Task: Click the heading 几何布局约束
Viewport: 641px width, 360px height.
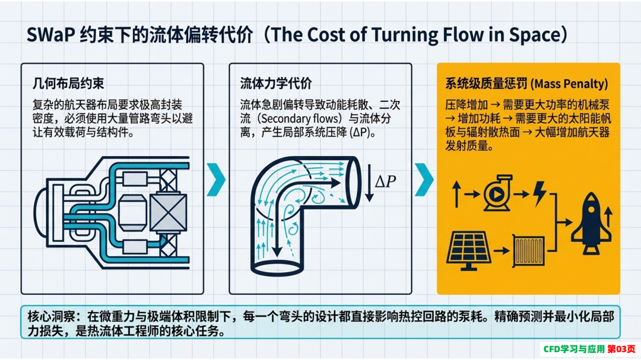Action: point(68,84)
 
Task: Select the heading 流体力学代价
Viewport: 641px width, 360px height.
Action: point(276,84)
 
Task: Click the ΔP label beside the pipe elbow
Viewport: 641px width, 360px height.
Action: point(385,181)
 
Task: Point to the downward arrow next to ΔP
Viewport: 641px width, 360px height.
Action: point(369,183)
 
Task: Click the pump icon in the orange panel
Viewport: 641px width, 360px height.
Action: point(497,193)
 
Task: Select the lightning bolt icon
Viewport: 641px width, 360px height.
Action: point(540,193)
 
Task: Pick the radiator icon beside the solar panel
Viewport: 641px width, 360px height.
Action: point(529,250)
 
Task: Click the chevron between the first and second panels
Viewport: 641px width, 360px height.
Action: point(216,180)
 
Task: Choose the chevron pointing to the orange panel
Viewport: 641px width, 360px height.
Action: point(424,180)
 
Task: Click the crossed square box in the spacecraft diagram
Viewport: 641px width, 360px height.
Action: point(169,212)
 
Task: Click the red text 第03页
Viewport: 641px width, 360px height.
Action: point(621,349)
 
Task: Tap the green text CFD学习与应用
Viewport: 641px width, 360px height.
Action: point(574,349)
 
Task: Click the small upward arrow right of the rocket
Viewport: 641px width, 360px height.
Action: point(608,216)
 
